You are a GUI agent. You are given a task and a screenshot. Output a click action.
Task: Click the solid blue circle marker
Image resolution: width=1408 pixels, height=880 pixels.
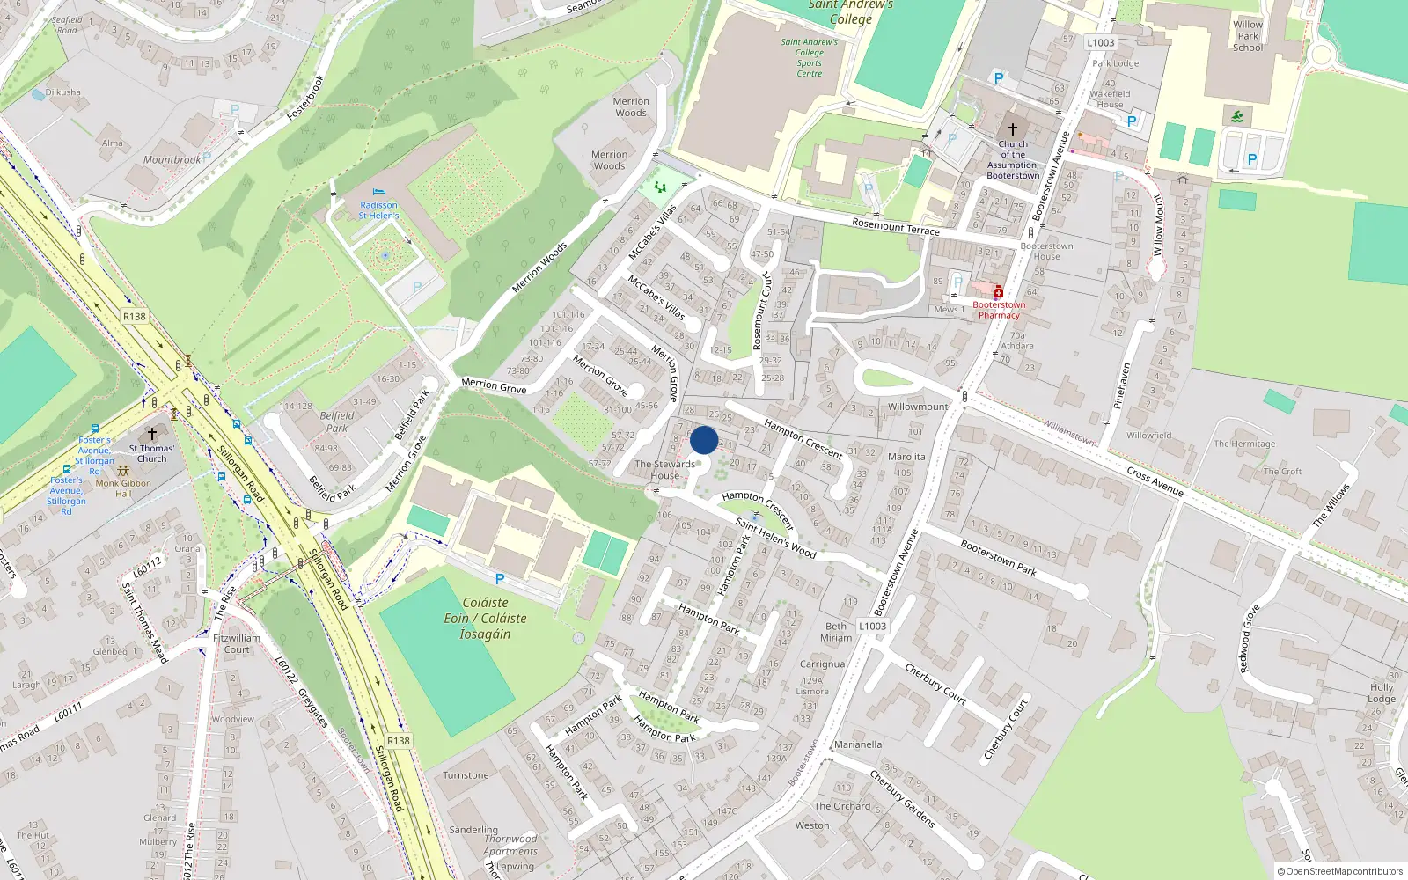704,440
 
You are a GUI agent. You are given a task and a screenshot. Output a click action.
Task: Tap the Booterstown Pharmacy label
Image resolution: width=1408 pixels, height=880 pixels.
999,310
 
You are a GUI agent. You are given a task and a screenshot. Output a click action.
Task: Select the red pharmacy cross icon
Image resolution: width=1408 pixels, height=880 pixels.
999,292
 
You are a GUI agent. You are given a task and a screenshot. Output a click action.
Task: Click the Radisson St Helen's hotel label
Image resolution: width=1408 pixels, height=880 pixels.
378,210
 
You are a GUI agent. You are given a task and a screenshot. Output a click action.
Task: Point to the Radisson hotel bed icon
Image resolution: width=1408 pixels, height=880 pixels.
379,192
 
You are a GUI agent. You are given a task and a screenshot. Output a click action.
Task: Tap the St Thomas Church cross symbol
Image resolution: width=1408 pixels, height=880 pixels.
152,434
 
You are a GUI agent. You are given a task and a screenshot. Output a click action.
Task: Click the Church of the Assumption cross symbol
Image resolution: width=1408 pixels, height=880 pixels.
1013,128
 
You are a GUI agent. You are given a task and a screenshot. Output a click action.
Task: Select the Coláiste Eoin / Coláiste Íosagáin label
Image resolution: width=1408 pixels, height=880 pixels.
485,618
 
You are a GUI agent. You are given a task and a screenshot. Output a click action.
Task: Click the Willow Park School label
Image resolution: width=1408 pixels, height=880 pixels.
1248,36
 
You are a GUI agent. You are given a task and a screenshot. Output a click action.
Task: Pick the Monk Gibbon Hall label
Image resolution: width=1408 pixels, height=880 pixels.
123,488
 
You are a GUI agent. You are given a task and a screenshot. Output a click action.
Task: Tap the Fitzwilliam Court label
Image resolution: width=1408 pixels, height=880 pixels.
237,643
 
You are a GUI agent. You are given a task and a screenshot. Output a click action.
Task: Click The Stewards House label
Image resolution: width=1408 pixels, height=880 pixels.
665,470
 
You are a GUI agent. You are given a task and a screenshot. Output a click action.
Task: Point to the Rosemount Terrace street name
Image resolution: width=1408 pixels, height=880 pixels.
896,227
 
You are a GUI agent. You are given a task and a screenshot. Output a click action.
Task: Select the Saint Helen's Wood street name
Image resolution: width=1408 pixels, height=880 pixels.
775,538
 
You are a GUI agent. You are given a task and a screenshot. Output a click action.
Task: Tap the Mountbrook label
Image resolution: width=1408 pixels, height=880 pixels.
172,160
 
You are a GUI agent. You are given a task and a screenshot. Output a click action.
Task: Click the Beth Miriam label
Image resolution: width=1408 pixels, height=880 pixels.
836,632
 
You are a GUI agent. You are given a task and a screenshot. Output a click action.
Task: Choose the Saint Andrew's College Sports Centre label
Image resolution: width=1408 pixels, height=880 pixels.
810,57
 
